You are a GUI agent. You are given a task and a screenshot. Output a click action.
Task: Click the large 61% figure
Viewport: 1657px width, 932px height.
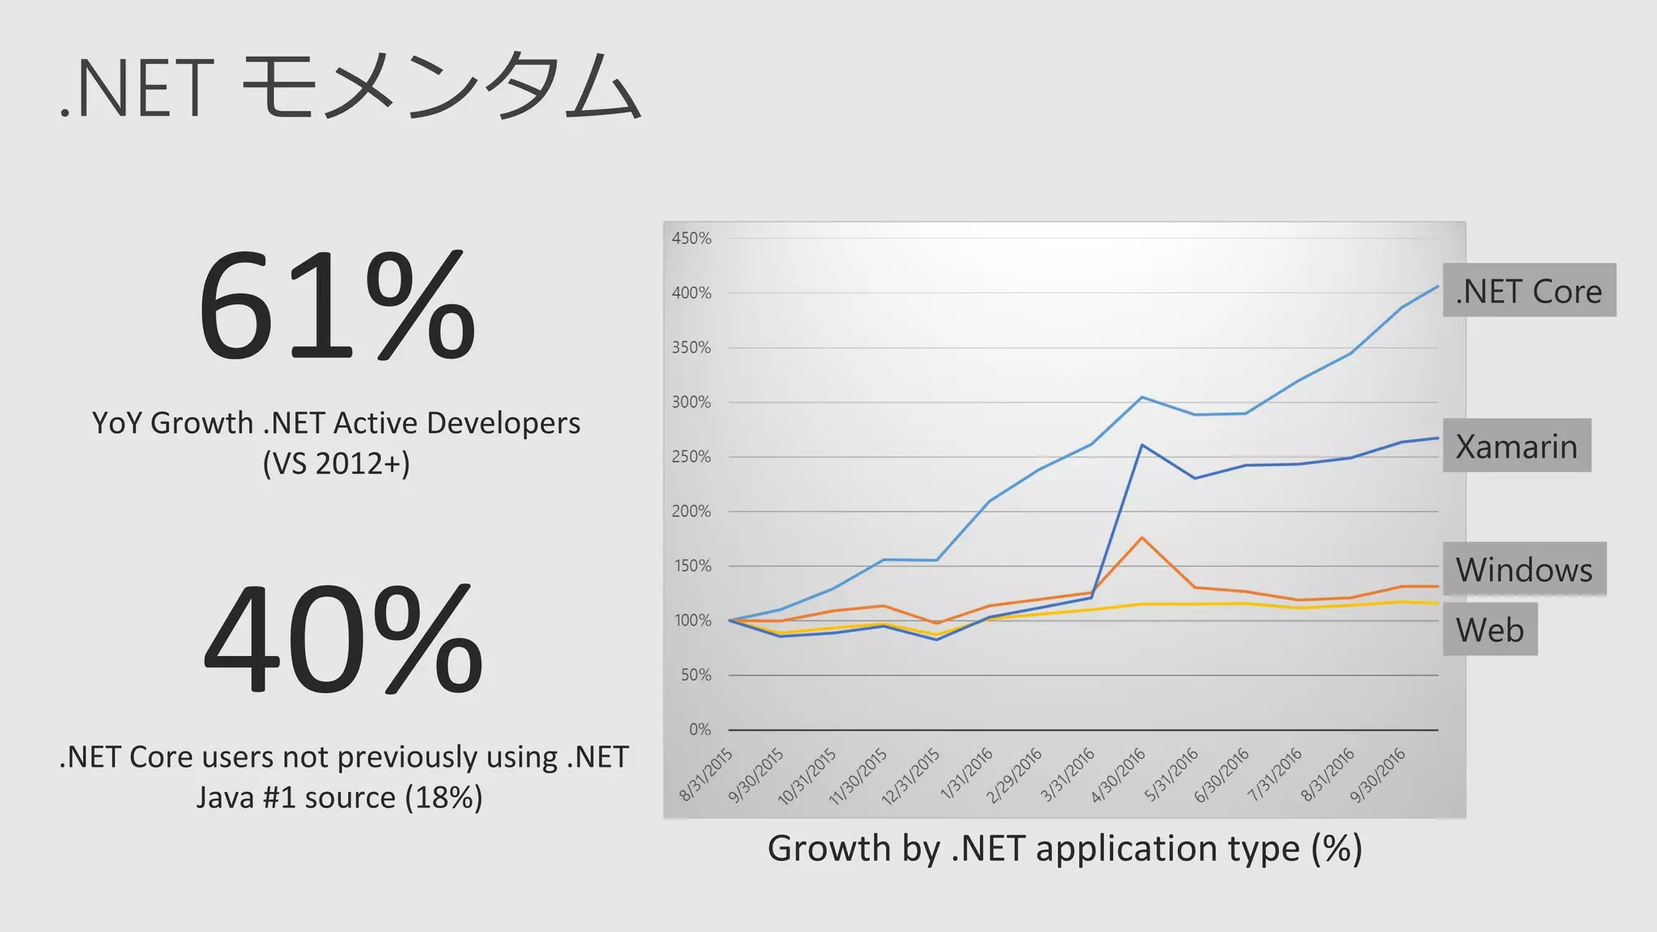point(337,307)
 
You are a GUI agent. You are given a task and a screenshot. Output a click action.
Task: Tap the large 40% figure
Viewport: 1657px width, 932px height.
point(343,639)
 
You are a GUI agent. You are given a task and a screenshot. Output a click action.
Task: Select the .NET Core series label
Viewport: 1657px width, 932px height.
point(1528,290)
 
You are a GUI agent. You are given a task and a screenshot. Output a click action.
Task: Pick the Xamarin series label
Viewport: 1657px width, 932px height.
point(1516,446)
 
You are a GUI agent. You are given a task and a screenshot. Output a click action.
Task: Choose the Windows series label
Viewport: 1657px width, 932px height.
point(1524,570)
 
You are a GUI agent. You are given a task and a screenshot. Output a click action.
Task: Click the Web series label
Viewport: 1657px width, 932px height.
point(1490,629)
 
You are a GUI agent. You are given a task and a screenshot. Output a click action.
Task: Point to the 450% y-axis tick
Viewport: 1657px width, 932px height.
point(691,239)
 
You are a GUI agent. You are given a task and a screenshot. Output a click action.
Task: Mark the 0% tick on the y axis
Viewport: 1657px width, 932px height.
point(700,730)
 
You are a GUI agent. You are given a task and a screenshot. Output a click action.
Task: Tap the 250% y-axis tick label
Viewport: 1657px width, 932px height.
point(691,457)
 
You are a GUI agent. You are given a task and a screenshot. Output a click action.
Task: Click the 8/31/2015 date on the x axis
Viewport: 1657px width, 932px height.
point(706,774)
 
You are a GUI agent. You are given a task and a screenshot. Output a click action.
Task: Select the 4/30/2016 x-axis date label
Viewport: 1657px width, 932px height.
point(1118,775)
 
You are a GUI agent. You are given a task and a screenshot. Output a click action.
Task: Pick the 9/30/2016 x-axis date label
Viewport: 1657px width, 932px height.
point(1378,775)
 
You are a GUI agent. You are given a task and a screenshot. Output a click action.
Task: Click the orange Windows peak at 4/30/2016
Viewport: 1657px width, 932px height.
point(1142,538)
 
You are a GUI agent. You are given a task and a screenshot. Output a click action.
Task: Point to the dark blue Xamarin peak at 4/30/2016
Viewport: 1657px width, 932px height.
point(1142,445)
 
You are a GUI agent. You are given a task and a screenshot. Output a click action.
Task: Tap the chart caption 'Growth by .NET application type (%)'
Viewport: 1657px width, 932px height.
point(1065,849)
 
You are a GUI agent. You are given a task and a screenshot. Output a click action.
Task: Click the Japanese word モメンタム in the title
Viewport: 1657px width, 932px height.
point(442,87)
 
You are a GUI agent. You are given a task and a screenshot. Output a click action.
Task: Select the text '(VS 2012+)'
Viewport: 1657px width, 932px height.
point(337,464)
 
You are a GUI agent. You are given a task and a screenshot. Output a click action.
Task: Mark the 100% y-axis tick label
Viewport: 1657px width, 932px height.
point(691,621)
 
